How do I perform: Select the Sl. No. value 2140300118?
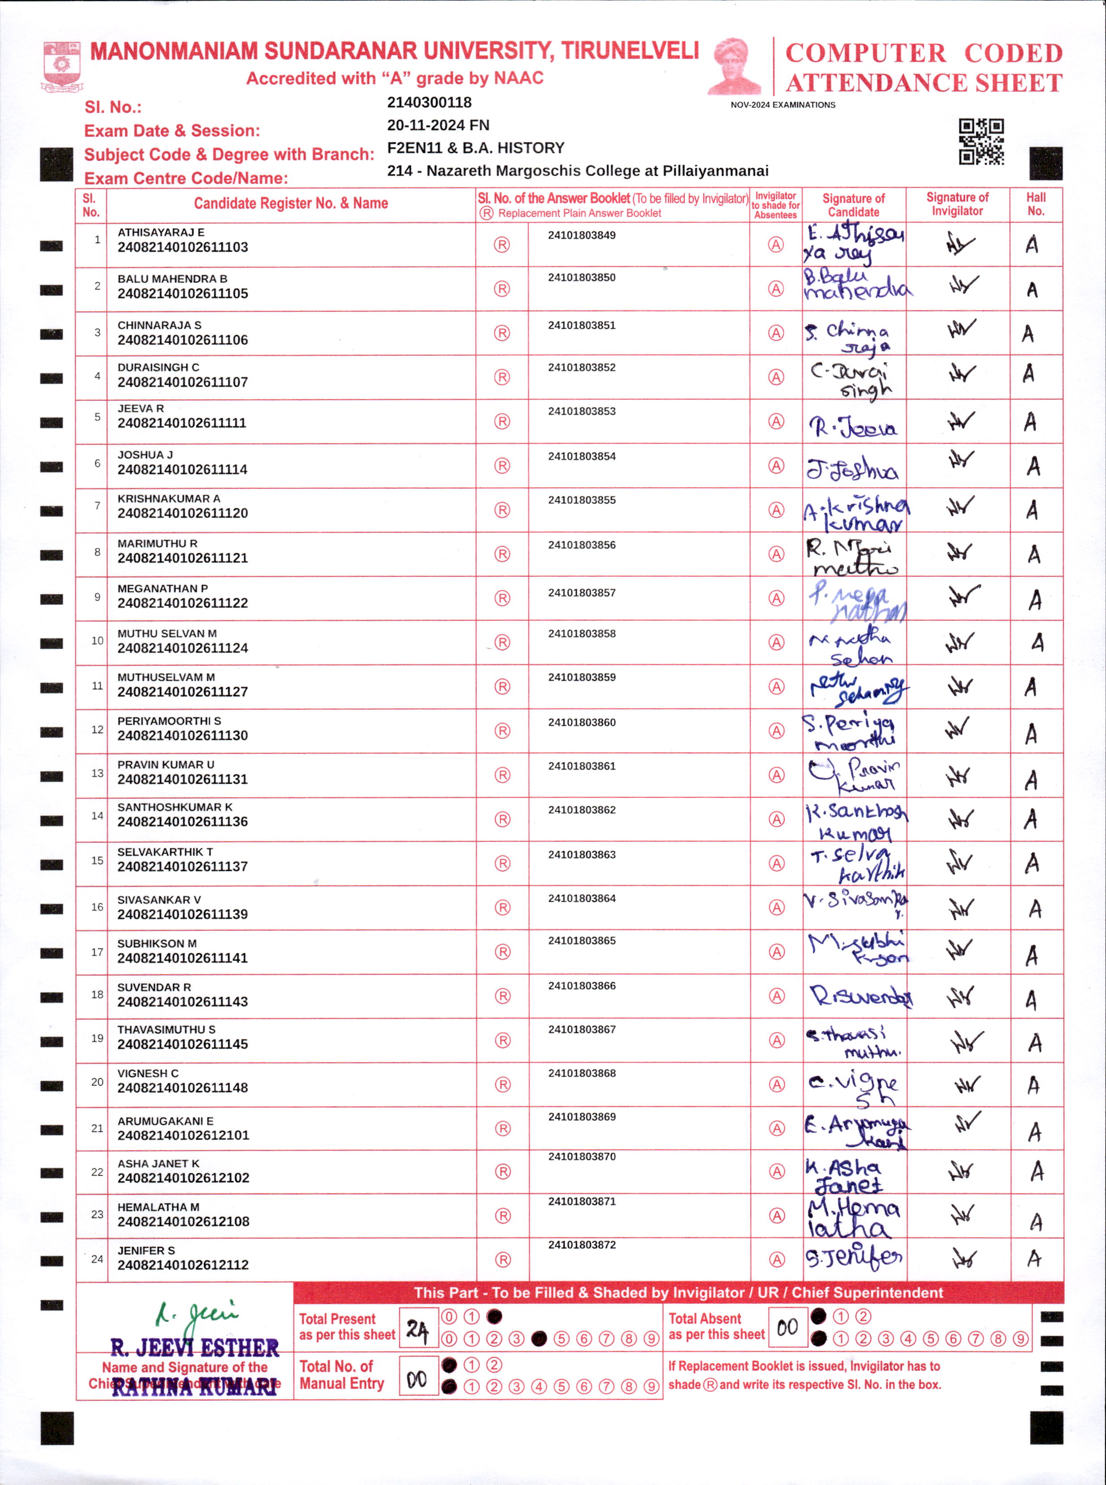[x=429, y=102]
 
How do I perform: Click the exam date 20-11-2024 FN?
[x=438, y=125]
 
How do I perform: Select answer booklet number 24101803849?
[x=581, y=235]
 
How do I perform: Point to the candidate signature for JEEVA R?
[x=853, y=426]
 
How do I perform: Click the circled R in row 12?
[x=502, y=730]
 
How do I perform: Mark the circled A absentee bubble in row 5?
[x=775, y=421]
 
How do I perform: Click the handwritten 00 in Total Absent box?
[x=787, y=1327]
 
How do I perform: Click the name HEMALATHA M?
[x=158, y=1207]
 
